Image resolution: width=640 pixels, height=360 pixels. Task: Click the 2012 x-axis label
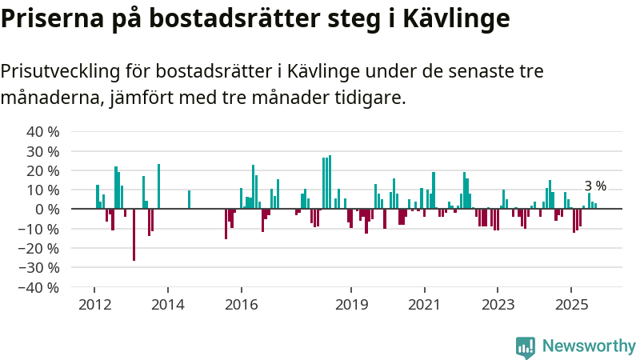94,305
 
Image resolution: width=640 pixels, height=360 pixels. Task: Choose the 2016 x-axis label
241,305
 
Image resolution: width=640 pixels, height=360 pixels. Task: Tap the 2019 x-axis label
351,305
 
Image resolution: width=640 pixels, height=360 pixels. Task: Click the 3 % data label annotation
595,186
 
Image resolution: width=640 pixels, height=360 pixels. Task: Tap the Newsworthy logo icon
526,346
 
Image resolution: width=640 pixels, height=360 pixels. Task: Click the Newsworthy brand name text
589,346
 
